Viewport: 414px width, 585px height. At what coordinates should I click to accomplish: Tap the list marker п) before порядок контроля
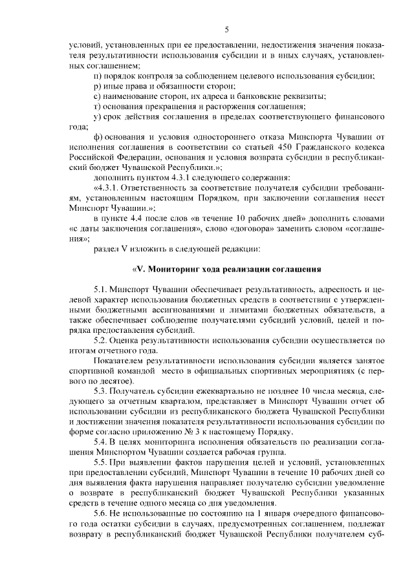tap(98, 76)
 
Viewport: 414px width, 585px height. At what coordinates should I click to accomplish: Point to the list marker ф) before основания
tap(98, 137)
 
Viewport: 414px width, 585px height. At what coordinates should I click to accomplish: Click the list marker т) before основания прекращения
tap(97, 106)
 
